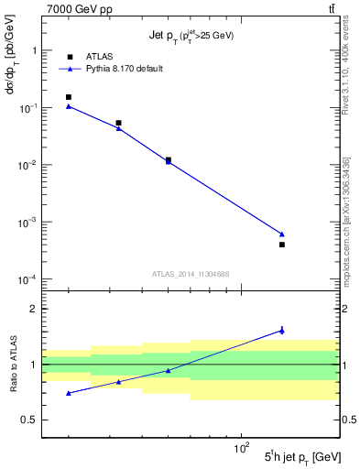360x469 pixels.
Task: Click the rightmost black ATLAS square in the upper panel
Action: coord(282,245)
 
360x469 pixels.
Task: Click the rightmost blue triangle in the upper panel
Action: coord(282,234)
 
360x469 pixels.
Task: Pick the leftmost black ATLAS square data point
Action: coord(69,97)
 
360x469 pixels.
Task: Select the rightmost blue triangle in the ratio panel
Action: coord(282,330)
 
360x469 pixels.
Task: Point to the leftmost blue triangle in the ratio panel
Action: coord(69,393)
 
